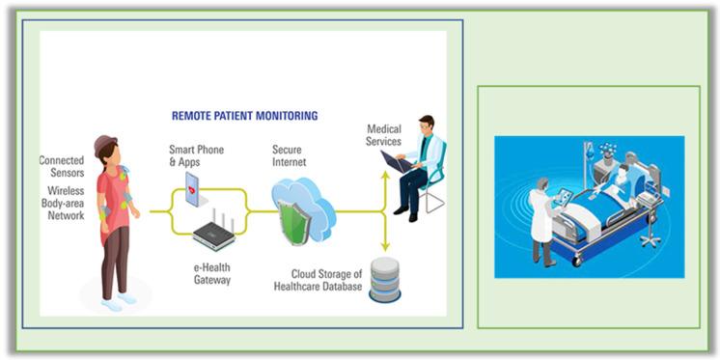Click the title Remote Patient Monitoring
click(x=244, y=115)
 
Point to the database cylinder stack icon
click(x=385, y=280)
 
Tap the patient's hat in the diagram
click(x=106, y=144)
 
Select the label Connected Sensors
click(x=61, y=166)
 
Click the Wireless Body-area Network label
click(x=62, y=203)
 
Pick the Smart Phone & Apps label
click(x=194, y=155)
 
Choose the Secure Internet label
click(x=289, y=155)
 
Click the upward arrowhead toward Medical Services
click(x=385, y=176)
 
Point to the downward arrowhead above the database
click(x=385, y=248)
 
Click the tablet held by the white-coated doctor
click(x=562, y=197)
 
